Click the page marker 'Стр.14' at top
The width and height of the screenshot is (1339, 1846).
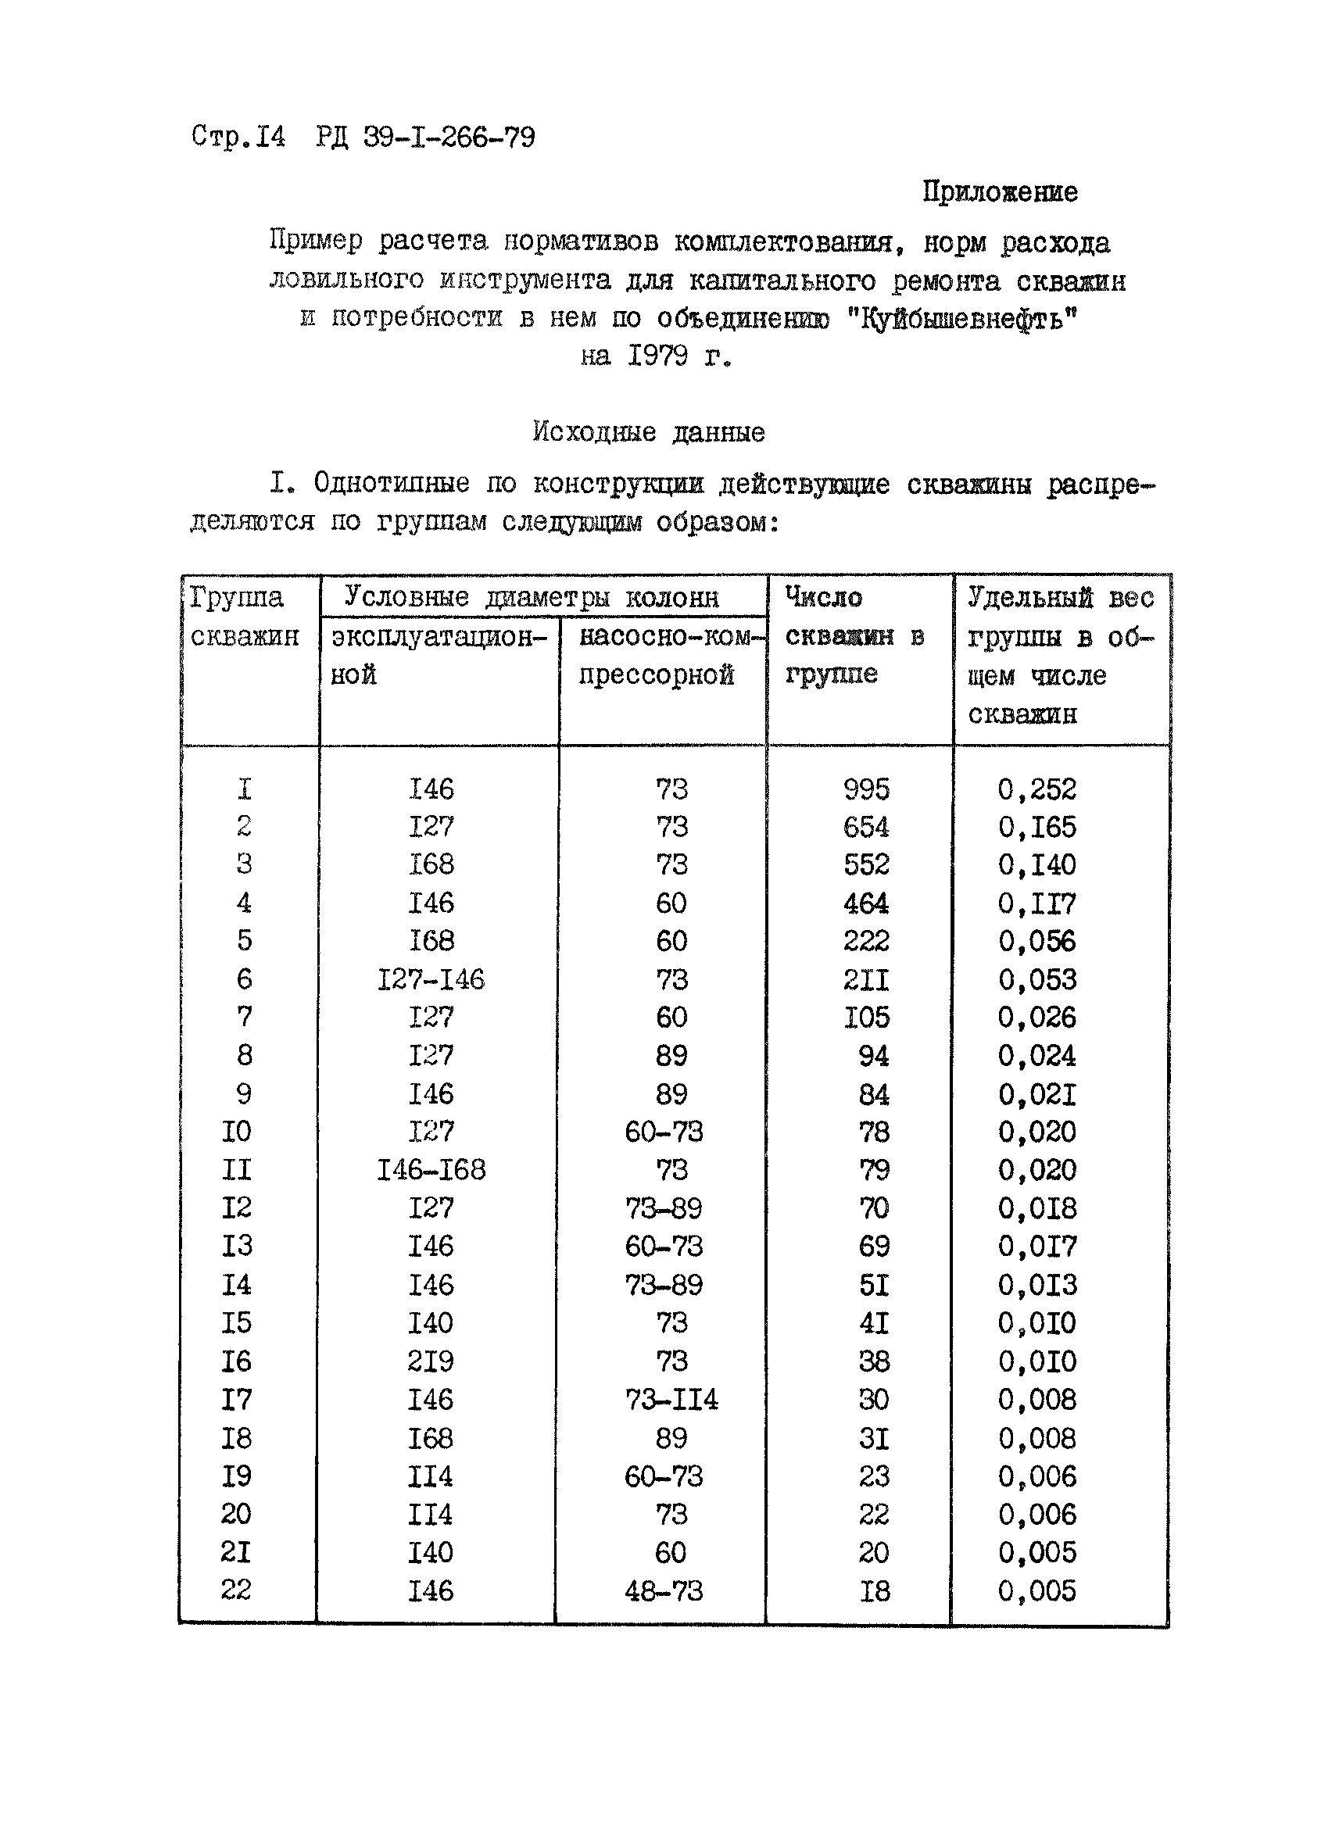[238, 136]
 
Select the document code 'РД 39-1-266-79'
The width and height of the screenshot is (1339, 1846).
[425, 137]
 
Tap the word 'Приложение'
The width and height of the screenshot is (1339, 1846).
[1000, 192]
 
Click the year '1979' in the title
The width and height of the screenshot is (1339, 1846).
[657, 356]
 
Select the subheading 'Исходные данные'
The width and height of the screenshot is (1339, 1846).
[649, 431]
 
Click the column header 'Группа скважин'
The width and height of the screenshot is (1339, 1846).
[244, 616]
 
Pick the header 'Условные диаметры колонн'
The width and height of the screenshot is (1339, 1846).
[532, 597]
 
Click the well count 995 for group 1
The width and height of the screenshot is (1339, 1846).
[866, 789]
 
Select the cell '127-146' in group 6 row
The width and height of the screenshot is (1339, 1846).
[431, 979]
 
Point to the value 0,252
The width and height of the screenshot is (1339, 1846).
[1037, 789]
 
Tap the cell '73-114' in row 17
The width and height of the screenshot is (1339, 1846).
[671, 1400]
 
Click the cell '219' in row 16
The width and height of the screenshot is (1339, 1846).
[431, 1361]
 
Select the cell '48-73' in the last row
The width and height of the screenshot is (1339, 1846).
[664, 1591]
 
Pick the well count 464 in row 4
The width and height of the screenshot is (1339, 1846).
[866, 903]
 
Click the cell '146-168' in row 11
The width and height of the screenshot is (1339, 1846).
[431, 1171]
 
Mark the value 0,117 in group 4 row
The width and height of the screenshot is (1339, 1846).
[1037, 903]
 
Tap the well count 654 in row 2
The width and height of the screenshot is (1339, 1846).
[866, 827]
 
